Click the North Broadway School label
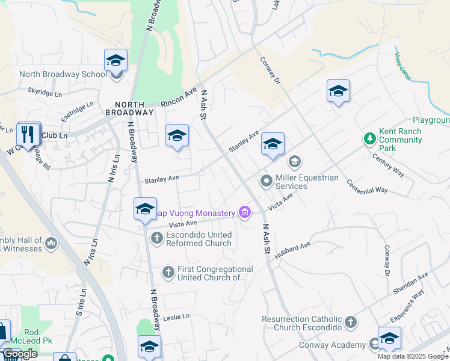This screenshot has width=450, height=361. coord(63,75)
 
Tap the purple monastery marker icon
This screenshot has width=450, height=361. coord(244,212)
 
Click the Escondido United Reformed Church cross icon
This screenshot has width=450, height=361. coord(156,238)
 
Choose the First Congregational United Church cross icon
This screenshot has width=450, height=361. coord(168,273)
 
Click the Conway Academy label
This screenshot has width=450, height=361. coord(333,345)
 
